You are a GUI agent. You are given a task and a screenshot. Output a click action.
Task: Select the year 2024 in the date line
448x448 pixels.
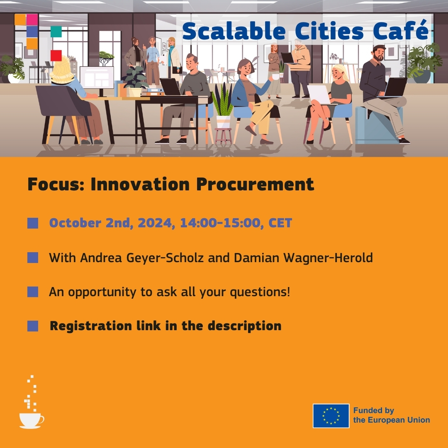[151, 223]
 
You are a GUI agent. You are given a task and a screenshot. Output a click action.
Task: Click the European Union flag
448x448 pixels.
[331, 416]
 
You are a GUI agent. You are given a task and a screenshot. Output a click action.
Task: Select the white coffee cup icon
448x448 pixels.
[31, 420]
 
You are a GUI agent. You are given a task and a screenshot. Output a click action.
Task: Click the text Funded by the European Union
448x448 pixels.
[391, 415]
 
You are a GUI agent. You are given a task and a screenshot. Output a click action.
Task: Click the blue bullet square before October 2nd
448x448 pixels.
[33, 223]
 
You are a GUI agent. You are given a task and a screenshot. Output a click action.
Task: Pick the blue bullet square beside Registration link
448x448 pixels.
[33, 326]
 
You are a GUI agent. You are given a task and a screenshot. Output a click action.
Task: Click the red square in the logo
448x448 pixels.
[56, 55]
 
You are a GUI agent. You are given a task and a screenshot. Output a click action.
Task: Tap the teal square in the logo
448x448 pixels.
[56, 32]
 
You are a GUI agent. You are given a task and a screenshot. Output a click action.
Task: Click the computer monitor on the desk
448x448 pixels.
[97, 77]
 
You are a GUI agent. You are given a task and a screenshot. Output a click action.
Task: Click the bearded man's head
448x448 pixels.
[379, 53]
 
